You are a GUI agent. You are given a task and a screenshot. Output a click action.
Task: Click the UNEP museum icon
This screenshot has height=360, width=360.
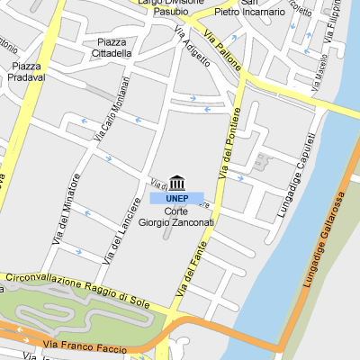(176, 184)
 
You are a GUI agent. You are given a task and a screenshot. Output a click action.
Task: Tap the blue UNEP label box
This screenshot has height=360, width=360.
(176, 198)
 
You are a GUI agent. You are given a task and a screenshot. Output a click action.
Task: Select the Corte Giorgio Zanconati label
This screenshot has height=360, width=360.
(176, 217)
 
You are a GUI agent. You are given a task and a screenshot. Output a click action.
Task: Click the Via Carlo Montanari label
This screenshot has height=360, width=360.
(112, 108)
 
